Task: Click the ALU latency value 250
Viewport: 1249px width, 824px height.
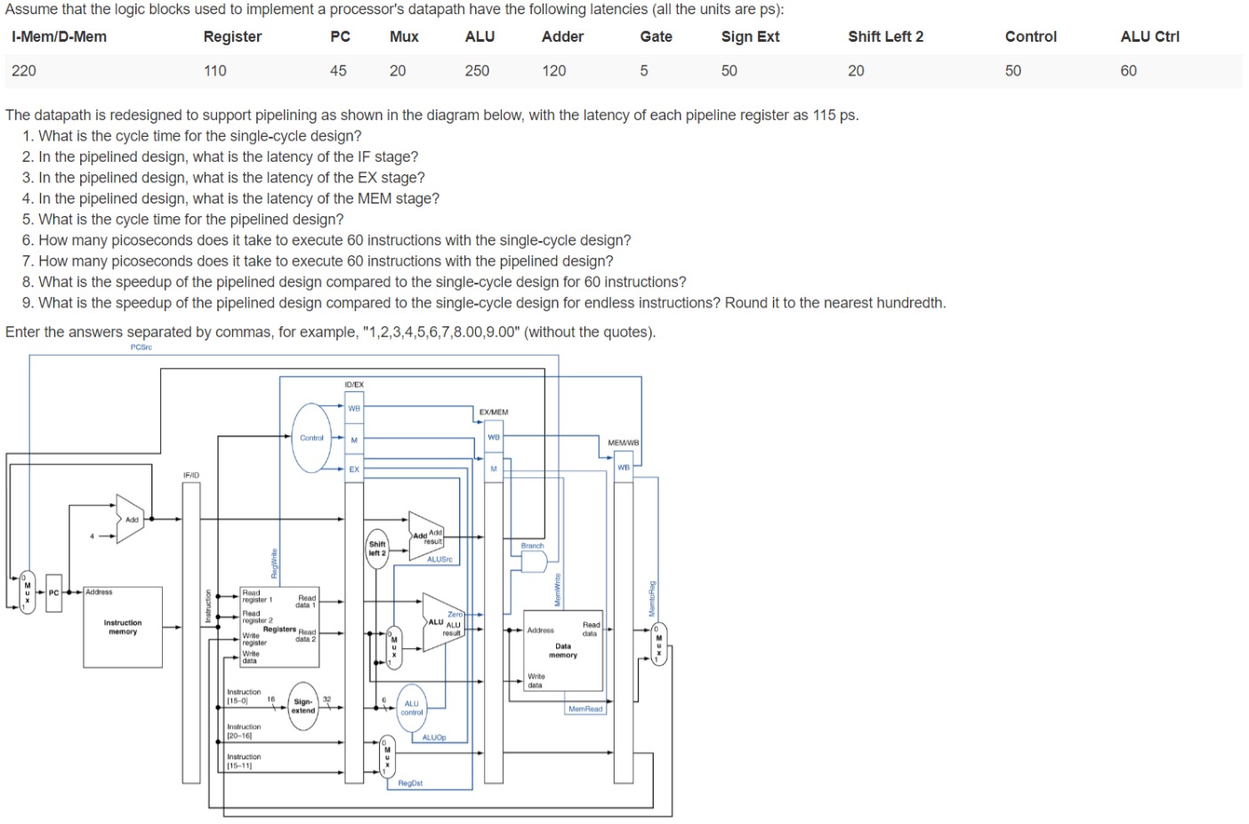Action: pos(477,71)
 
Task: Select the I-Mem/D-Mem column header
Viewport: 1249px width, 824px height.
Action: pos(59,36)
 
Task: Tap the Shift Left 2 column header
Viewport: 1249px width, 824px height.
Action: pos(885,36)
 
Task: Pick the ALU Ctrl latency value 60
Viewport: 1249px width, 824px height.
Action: pos(1128,71)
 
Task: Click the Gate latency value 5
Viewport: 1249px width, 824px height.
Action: pos(644,71)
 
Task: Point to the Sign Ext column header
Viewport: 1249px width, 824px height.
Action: pos(750,36)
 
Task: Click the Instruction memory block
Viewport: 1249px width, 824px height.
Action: pos(123,627)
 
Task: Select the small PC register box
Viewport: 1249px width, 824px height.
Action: pos(53,593)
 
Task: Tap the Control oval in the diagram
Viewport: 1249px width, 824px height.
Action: pos(311,437)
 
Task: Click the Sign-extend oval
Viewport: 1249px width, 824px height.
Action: pos(303,706)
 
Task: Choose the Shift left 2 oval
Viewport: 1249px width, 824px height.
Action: pos(377,548)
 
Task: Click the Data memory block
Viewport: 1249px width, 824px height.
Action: pos(563,651)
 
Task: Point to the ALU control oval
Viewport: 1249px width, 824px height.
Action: pos(411,708)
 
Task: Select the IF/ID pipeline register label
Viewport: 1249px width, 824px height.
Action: pos(191,476)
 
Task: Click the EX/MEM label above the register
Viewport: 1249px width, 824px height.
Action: pos(494,412)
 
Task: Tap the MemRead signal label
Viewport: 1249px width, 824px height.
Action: pos(585,709)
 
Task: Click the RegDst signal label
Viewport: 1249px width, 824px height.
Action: pos(410,783)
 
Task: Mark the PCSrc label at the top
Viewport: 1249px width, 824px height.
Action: pos(141,348)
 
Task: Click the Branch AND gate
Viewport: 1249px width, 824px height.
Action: pos(534,562)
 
